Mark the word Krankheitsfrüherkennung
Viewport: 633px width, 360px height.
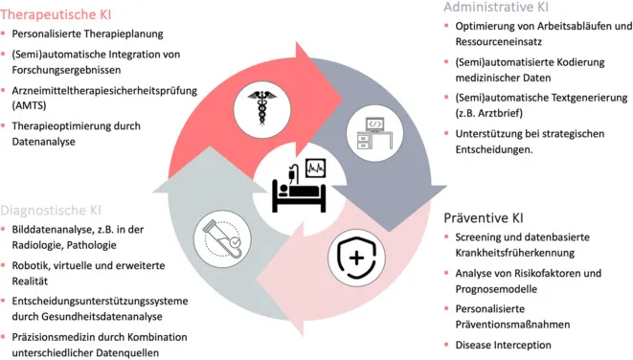pyautogui.click(x=514, y=254)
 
